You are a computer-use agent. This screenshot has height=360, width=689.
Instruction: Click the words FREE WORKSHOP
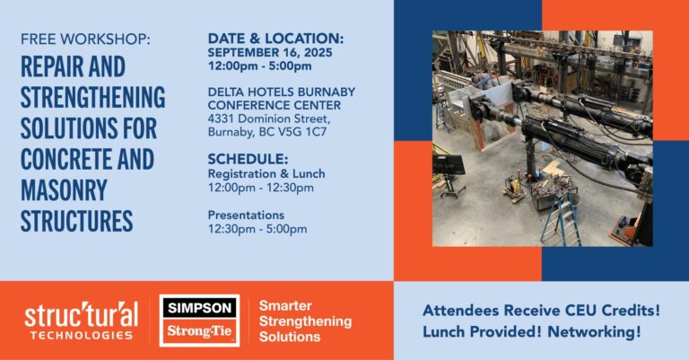click(85, 40)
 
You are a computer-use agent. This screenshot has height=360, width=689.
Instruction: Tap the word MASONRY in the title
click(64, 190)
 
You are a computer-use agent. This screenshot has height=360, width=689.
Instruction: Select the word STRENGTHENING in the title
click(92, 97)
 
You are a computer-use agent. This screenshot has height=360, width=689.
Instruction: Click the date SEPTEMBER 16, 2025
click(270, 52)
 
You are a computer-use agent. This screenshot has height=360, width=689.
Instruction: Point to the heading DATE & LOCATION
click(275, 39)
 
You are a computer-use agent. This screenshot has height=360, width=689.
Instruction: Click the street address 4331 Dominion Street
click(269, 119)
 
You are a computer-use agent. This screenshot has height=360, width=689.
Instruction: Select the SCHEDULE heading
click(248, 159)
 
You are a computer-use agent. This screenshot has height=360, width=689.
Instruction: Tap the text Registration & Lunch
click(266, 173)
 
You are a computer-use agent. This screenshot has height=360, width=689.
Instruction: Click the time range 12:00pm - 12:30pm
click(260, 188)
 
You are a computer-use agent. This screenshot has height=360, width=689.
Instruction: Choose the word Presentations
click(246, 215)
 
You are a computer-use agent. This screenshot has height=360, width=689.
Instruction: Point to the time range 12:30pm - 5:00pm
click(257, 229)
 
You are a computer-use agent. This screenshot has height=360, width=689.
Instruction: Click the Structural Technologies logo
click(82, 320)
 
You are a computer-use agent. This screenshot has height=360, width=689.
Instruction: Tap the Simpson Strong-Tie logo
click(199, 320)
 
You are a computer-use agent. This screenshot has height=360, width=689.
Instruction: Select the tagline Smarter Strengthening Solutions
click(305, 320)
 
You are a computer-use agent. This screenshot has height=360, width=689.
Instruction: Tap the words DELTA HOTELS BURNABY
click(281, 92)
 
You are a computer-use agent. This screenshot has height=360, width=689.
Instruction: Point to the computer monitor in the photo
click(449, 163)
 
